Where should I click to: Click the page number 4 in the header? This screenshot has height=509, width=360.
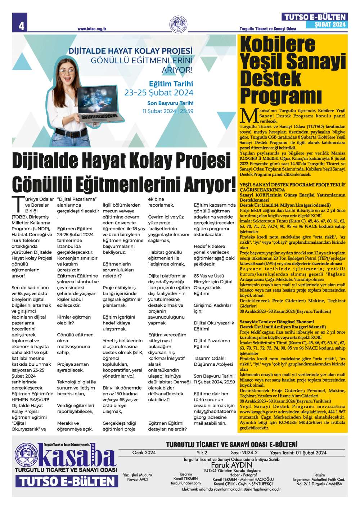21,26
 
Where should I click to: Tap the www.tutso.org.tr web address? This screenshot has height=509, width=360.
91,29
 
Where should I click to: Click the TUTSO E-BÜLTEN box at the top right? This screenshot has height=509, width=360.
315,17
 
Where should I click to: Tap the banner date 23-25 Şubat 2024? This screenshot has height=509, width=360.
159,93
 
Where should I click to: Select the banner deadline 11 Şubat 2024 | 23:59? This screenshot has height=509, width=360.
168,111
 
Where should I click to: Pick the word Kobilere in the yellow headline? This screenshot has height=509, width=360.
278,44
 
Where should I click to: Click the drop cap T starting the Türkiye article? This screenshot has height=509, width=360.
17,204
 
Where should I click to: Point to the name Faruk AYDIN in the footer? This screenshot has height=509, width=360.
231,465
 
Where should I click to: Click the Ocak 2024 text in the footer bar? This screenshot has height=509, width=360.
144,452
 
